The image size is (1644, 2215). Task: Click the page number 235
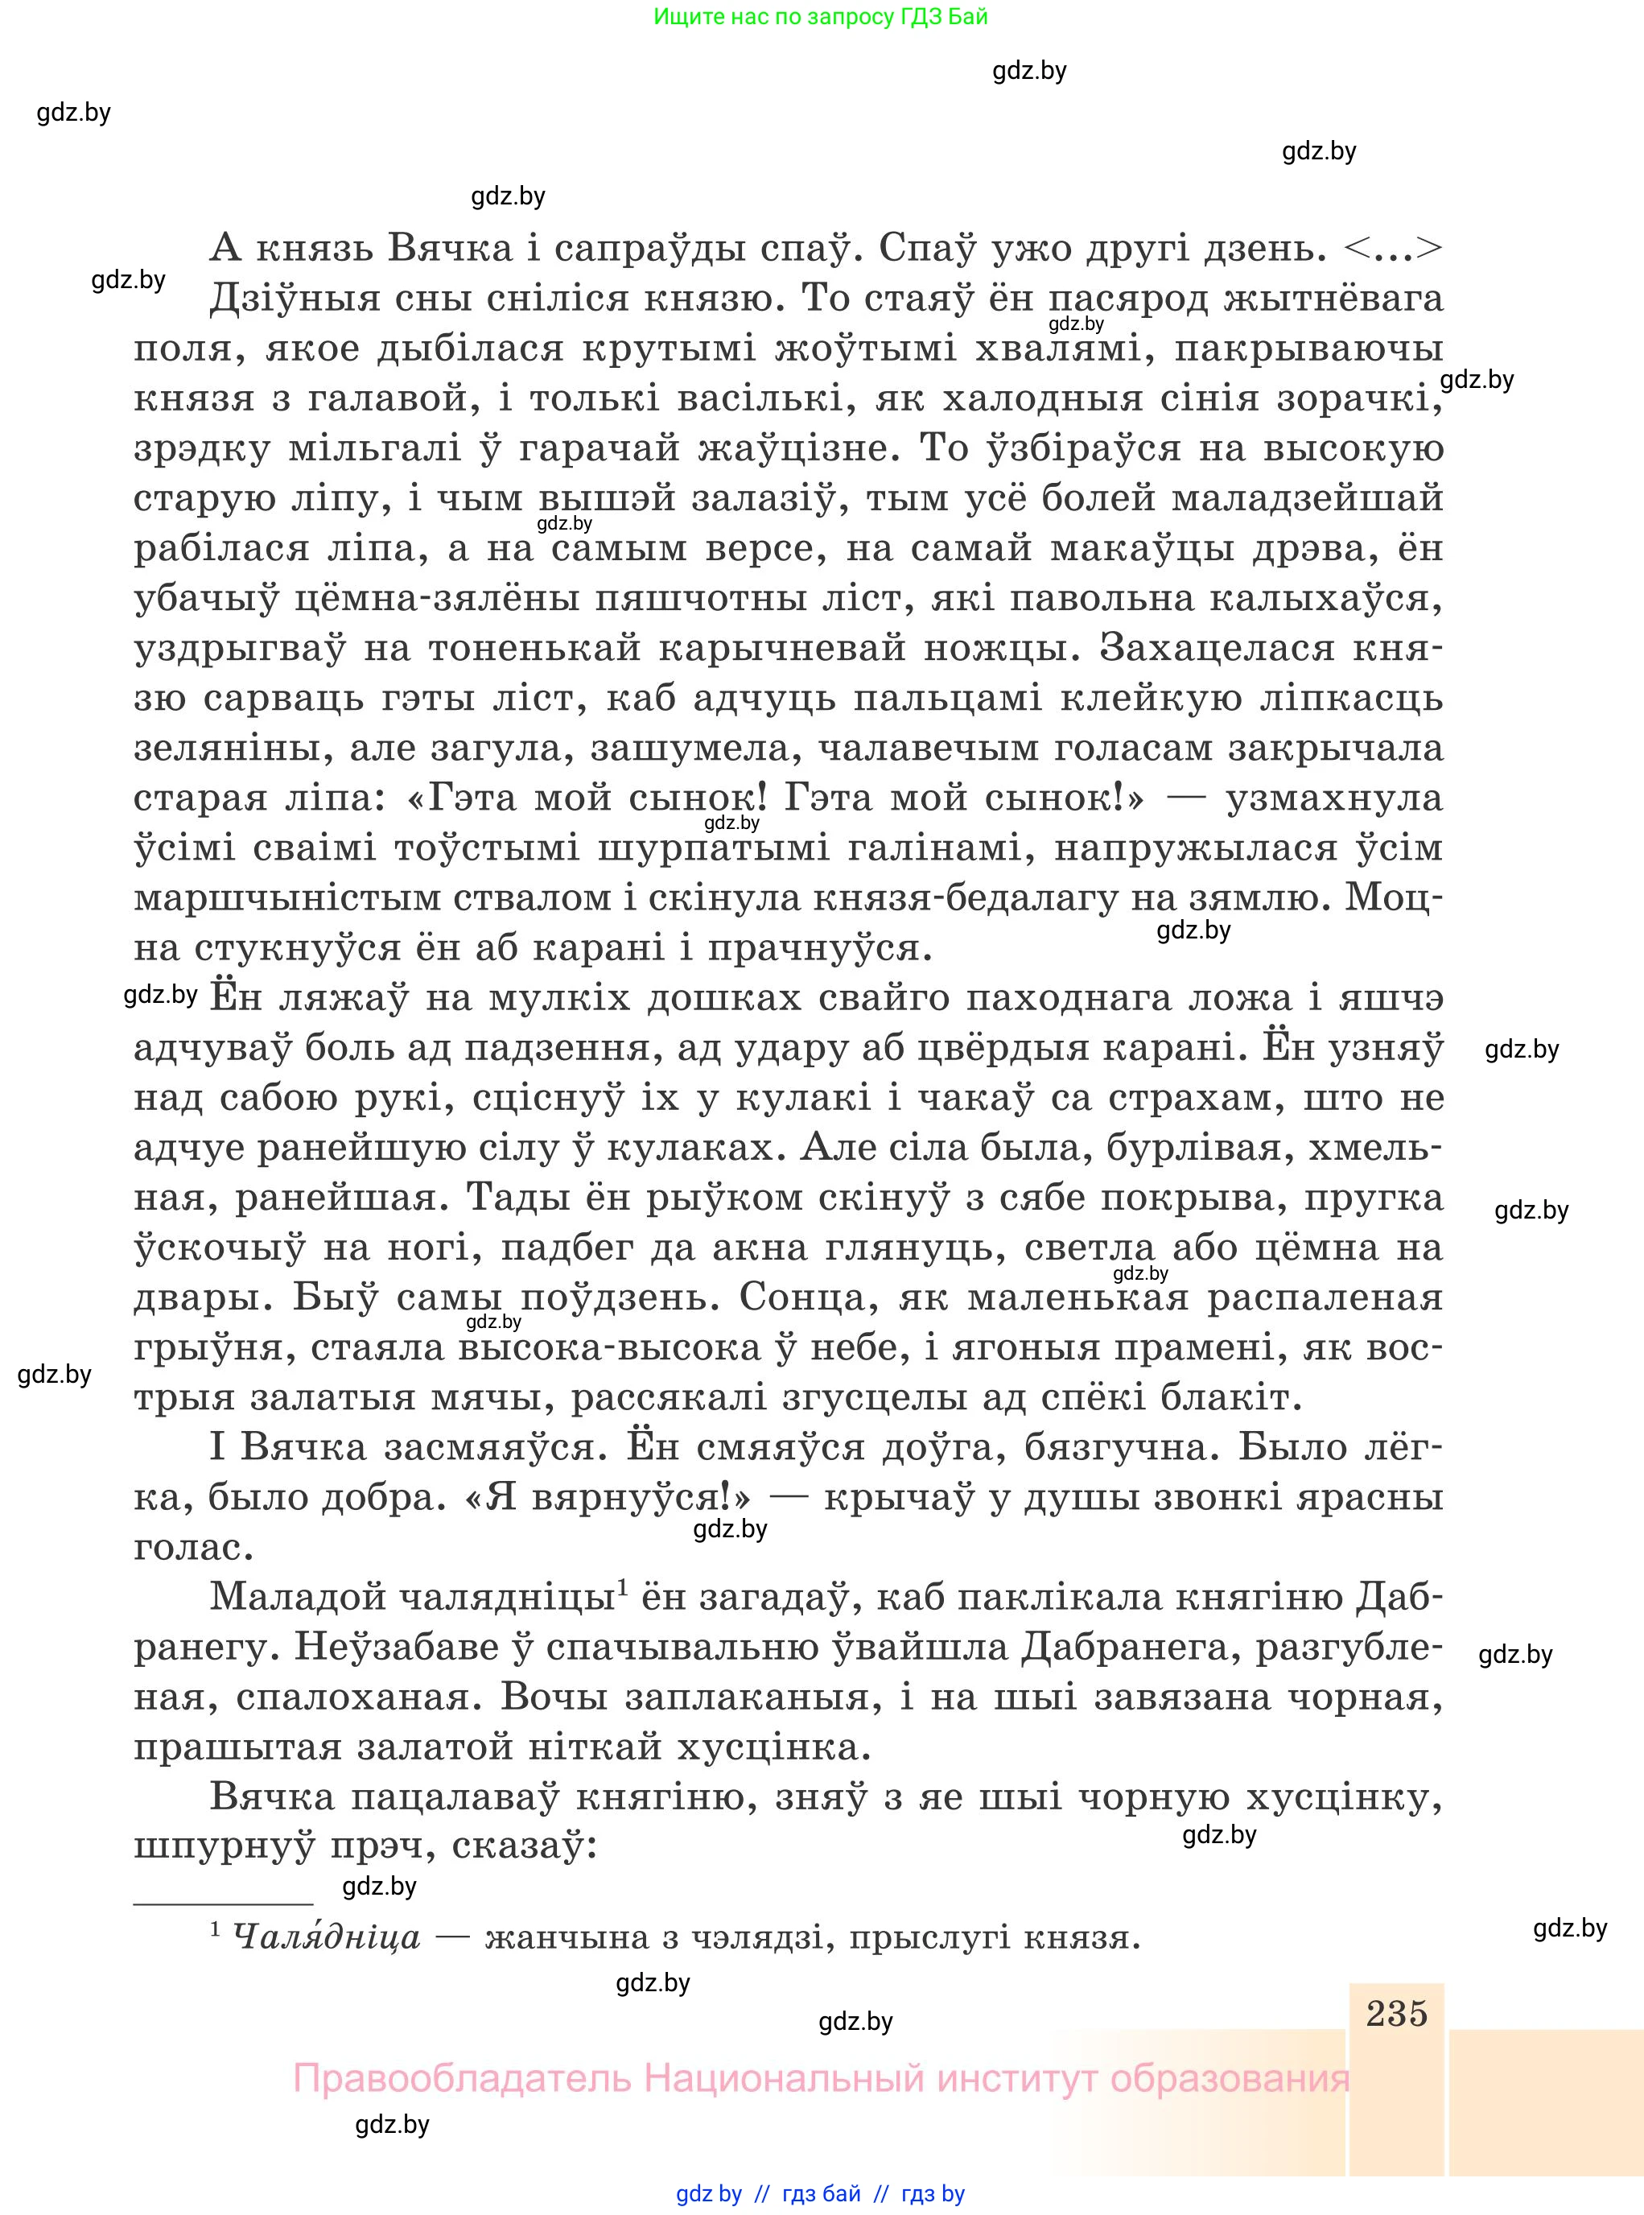(x=1396, y=2013)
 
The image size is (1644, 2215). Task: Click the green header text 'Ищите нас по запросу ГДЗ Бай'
(x=821, y=17)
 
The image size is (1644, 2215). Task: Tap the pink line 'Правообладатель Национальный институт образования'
(x=821, y=2080)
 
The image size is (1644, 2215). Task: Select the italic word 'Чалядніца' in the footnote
(x=327, y=1937)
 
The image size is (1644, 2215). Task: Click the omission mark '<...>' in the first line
(x=1392, y=248)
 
